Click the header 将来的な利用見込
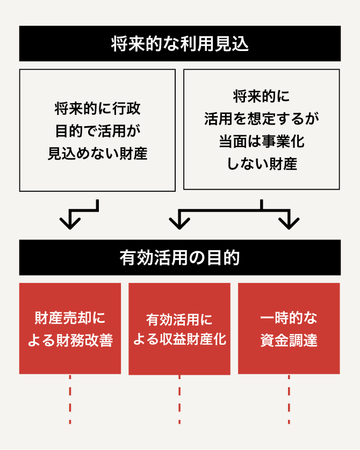[179, 43]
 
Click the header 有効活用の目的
[179, 257]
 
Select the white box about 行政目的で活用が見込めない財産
[97, 130]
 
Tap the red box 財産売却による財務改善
[70, 328]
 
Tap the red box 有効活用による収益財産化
[179, 328]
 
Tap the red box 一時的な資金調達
[289, 328]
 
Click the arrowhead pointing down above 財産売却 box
[70, 221]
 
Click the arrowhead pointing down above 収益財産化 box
[179, 221]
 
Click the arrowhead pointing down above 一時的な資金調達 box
[289, 221]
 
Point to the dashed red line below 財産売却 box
[70, 400]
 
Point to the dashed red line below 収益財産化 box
[179, 400]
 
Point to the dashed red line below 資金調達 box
[289, 400]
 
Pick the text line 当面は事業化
[261, 141]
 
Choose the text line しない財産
[261, 164]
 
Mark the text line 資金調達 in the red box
[289, 340]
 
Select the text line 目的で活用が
[97, 131]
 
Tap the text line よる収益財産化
[179, 340]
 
